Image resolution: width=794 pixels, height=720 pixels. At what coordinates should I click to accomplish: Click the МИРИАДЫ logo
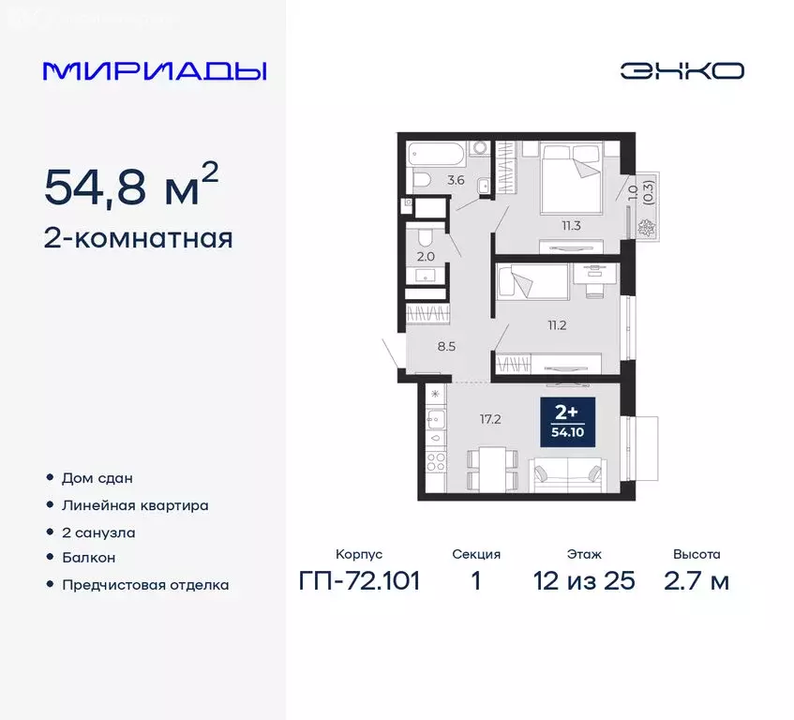coord(155,70)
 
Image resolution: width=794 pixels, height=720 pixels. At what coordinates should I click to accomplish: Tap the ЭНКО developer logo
coord(682,70)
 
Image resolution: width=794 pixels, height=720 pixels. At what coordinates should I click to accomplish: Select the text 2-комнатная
coord(139,238)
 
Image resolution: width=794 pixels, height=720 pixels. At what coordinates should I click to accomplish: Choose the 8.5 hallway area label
coord(446,345)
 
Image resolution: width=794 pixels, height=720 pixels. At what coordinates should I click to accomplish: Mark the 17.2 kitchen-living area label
coord(491,419)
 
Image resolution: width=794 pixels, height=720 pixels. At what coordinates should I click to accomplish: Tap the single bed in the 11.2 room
coord(531,281)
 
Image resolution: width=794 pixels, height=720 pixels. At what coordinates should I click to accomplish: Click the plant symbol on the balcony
coord(644,226)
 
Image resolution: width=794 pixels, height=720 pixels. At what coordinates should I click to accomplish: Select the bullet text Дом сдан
coord(97,478)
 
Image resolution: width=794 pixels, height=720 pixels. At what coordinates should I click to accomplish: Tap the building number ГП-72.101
coord(359,581)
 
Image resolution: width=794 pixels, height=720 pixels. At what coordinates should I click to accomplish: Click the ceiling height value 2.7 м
coord(697,581)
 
